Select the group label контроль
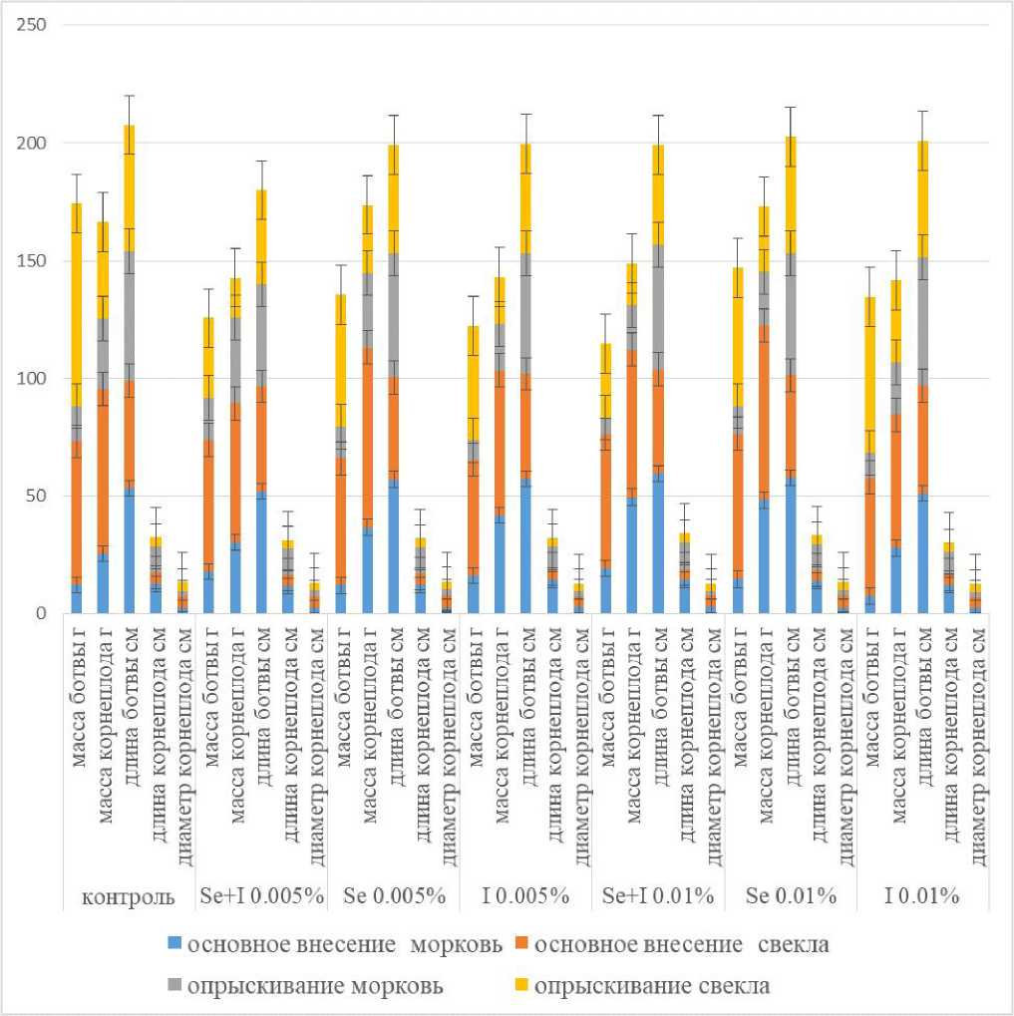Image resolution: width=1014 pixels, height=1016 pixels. (x=130, y=896)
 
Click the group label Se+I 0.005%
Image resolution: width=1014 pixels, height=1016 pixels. (x=261, y=896)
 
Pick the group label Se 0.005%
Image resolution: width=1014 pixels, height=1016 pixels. (x=394, y=896)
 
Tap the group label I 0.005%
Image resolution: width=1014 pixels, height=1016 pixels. (x=526, y=896)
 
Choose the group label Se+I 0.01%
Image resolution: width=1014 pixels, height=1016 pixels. (x=658, y=896)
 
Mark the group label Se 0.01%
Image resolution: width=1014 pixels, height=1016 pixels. (x=791, y=896)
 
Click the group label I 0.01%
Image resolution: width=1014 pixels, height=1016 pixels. (x=922, y=896)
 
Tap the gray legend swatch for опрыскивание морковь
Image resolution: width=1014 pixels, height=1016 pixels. (x=176, y=986)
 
